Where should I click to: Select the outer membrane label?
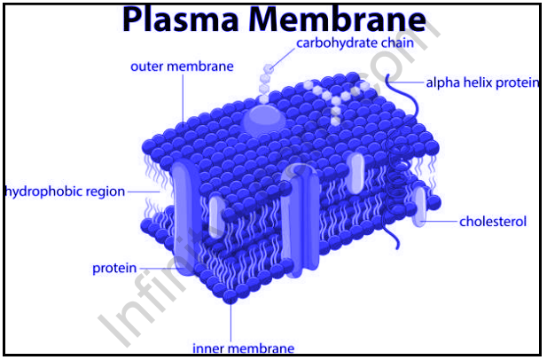point(182,67)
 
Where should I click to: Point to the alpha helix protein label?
point(482,82)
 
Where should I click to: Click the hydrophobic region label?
point(65,191)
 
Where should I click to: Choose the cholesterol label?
point(493,221)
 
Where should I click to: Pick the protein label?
point(114,268)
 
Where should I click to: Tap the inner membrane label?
point(243,348)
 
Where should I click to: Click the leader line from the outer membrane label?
point(184,98)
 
